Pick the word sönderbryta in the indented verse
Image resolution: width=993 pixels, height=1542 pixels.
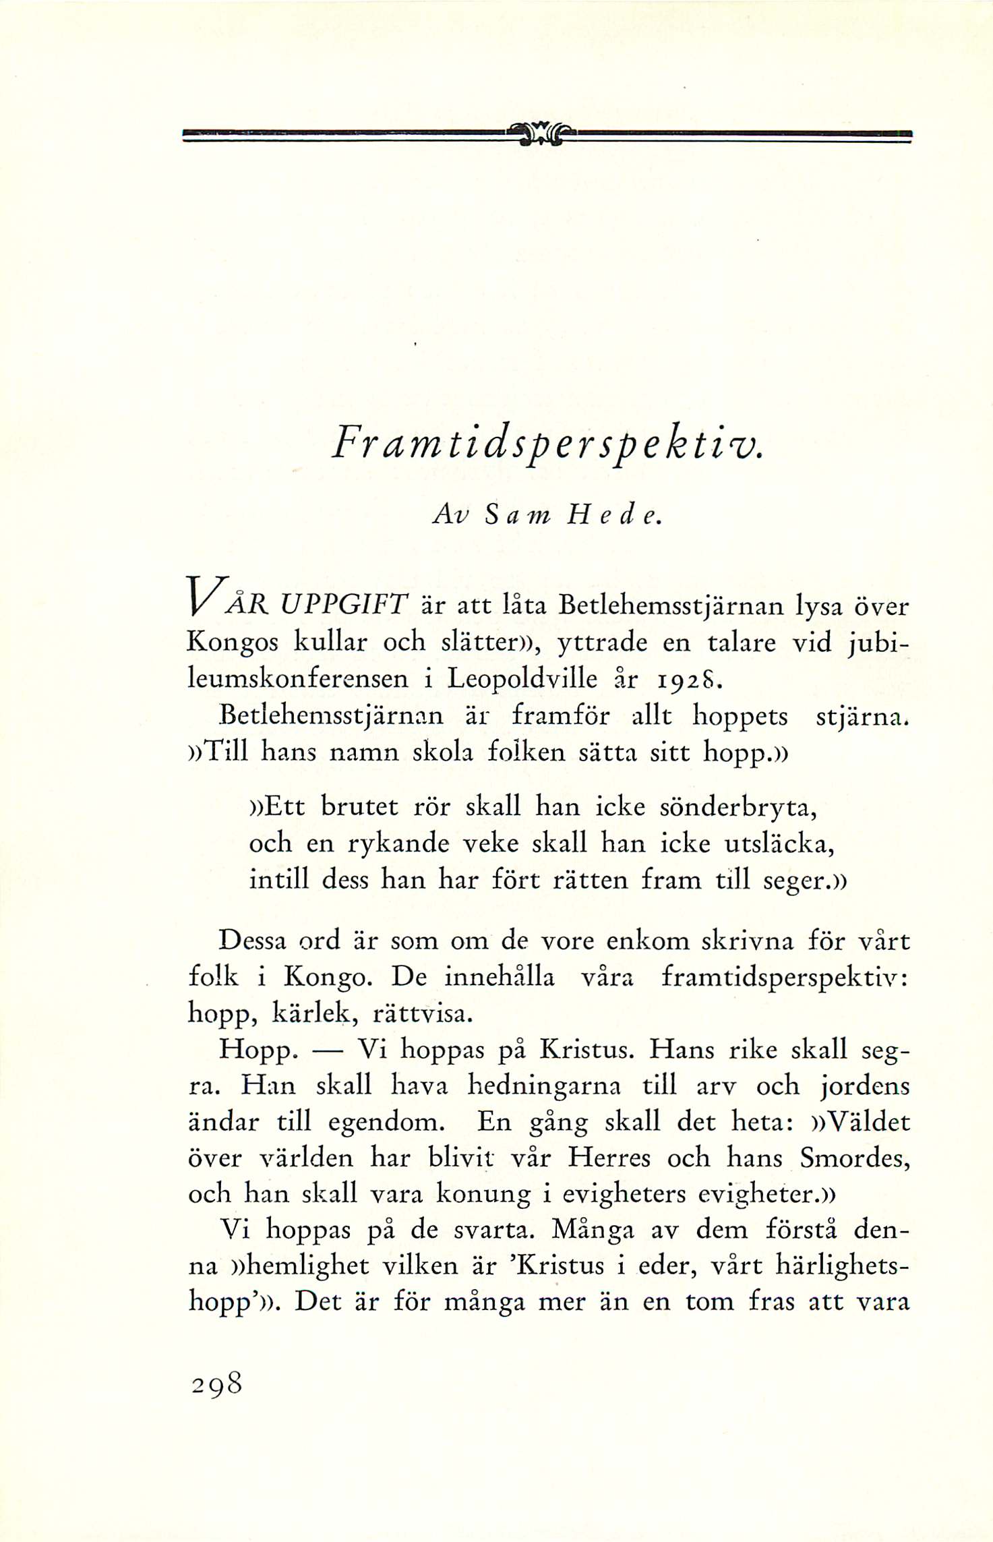pyautogui.click(x=737, y=807)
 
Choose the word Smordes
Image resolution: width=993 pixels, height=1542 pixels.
pyautogui.click(x=854, y=1158)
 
